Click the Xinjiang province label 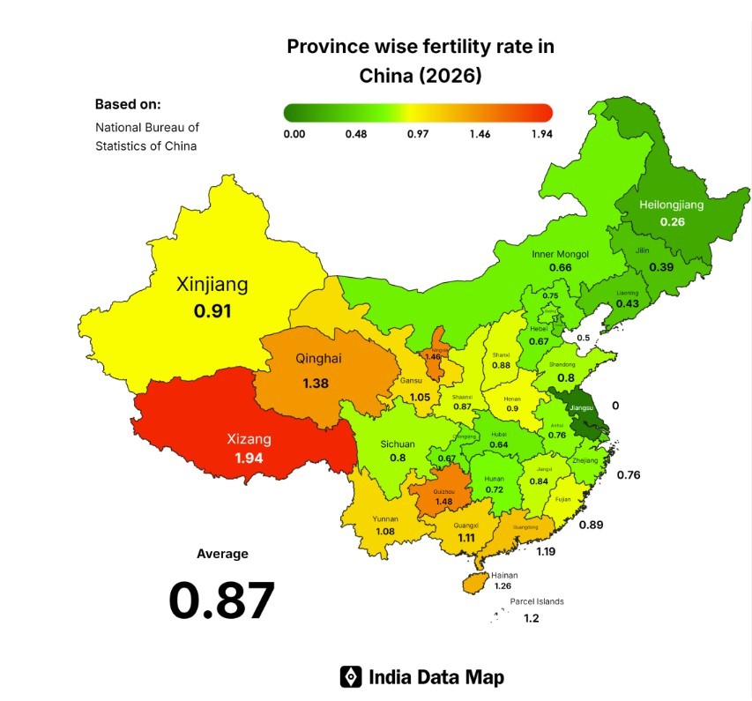[212, 285]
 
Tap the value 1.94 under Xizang [249, 459]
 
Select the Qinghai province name [318, 359]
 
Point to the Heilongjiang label [672, 205]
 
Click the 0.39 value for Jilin [662, 267]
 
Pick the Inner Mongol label [560, 254]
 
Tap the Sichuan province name [398, 444]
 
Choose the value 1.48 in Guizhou [444, 501]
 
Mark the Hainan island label [504, 574]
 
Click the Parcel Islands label [536, 601]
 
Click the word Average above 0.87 [222, 554]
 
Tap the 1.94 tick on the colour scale [541, 134]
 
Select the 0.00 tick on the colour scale [294, 134]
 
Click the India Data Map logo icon [351, 676]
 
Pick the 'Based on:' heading [128, 103]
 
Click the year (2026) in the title [451, 76]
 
